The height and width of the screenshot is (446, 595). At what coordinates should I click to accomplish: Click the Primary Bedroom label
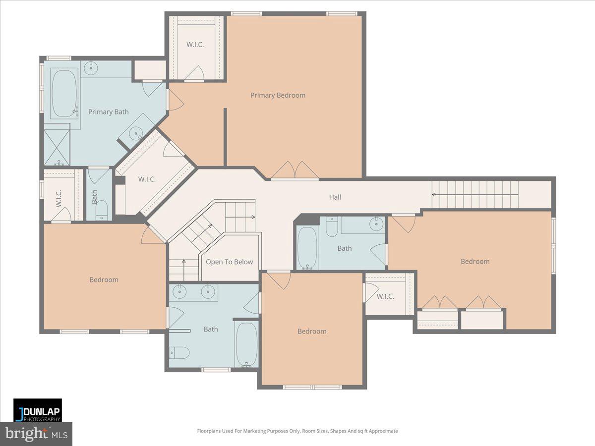278,95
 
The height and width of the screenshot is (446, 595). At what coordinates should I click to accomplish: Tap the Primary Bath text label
108,112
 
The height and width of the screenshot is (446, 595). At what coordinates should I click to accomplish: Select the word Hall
335,197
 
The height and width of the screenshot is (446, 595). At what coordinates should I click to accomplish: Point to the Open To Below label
229,262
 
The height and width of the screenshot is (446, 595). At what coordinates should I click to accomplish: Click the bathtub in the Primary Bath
64,94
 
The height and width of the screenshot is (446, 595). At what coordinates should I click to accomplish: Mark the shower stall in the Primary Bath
57,147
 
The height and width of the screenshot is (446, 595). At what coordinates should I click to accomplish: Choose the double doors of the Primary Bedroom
295,170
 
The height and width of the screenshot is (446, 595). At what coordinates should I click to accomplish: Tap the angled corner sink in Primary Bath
135,131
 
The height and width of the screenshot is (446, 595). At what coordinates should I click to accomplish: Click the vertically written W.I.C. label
59,198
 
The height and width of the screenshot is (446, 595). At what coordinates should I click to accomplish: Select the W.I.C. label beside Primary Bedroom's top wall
195,45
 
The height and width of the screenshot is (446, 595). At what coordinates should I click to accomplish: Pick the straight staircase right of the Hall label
475,194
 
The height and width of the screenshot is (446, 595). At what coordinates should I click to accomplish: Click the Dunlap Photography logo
38,410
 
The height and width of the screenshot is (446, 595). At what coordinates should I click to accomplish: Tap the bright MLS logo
36,434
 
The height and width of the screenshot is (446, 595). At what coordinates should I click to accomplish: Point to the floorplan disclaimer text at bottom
297,431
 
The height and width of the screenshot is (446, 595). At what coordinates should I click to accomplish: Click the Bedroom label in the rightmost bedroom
475,262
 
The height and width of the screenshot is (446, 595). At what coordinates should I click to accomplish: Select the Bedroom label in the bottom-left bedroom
104,280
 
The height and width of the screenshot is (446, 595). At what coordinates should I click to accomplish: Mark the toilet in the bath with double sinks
179,352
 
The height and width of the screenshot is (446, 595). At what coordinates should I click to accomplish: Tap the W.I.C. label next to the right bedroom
385,297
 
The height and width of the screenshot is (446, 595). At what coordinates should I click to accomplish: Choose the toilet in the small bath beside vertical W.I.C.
101,210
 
